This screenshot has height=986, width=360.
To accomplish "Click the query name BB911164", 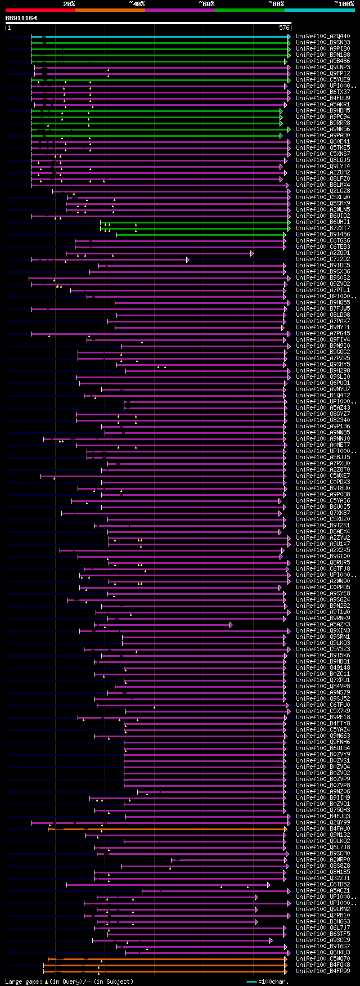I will coord(21,18).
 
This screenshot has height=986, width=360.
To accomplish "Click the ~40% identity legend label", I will coord(137,4).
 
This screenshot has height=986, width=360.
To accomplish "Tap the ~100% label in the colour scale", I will coord(344,4).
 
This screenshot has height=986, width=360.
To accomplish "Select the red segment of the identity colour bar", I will coord(40,10).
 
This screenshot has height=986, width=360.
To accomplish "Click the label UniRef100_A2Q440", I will coord(323,37).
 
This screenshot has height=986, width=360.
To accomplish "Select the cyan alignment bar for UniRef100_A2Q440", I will coord(163,37).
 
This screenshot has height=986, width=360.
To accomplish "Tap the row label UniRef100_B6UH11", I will coord(323,222).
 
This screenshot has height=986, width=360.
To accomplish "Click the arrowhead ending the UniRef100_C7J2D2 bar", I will coord(188,259).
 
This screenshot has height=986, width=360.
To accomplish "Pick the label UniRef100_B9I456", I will coord(323,235).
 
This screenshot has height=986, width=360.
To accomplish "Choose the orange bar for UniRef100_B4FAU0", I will coord(169,829).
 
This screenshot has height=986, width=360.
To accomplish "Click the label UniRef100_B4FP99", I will coord(323,971).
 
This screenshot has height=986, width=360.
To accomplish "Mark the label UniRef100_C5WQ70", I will coord(323,959).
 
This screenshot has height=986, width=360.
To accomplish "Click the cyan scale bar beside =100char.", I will coord(251,981).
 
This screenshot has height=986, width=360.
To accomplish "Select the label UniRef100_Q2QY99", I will coord(323,823).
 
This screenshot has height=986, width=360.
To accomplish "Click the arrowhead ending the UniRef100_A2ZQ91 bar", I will coord(252,253).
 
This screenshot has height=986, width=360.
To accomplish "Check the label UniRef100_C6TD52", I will coord(323,885).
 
